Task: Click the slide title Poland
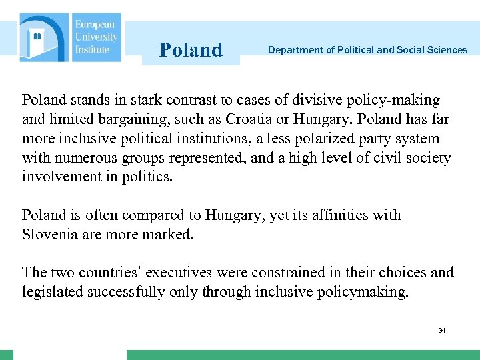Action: (x=191, y=50)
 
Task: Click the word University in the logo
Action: (x=96, y=38)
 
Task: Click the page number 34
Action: (x=442, y=330)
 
